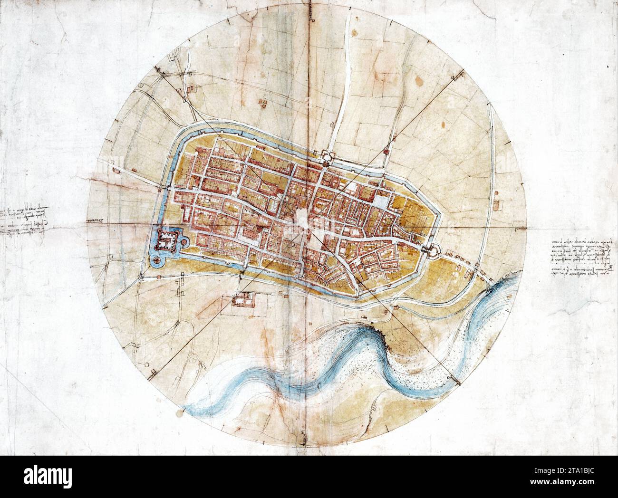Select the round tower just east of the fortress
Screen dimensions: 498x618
coord(183,243)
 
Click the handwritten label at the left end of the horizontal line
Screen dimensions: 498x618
coord(96,221)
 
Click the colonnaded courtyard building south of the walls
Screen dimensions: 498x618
coord(243,300)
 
